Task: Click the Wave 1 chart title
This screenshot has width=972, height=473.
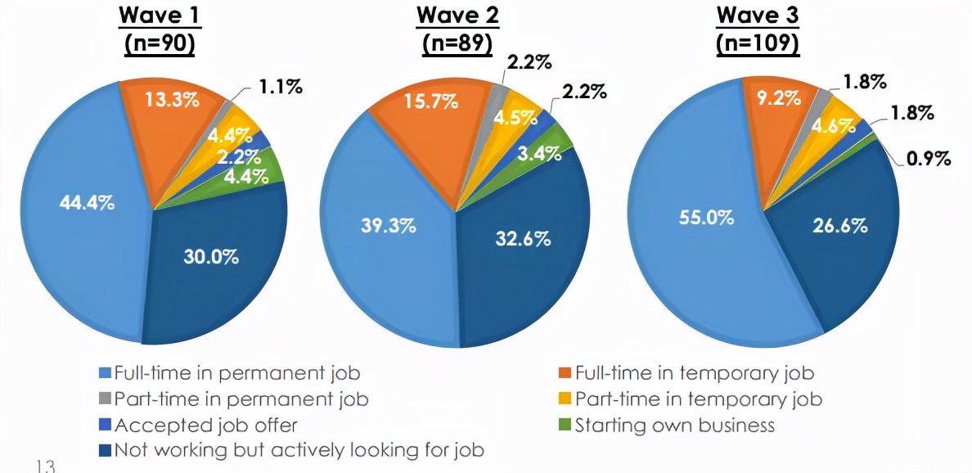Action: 159,16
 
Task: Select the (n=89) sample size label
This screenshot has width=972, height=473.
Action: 457,43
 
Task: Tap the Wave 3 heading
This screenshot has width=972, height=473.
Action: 758,16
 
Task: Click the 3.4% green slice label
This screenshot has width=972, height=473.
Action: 539,152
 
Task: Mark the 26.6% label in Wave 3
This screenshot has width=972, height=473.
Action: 839,225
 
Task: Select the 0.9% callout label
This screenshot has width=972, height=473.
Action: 928,158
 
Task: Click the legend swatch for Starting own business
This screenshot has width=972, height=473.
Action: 563,426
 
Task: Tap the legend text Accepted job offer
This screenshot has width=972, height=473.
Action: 207,426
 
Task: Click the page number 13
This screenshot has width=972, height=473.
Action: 46,466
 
